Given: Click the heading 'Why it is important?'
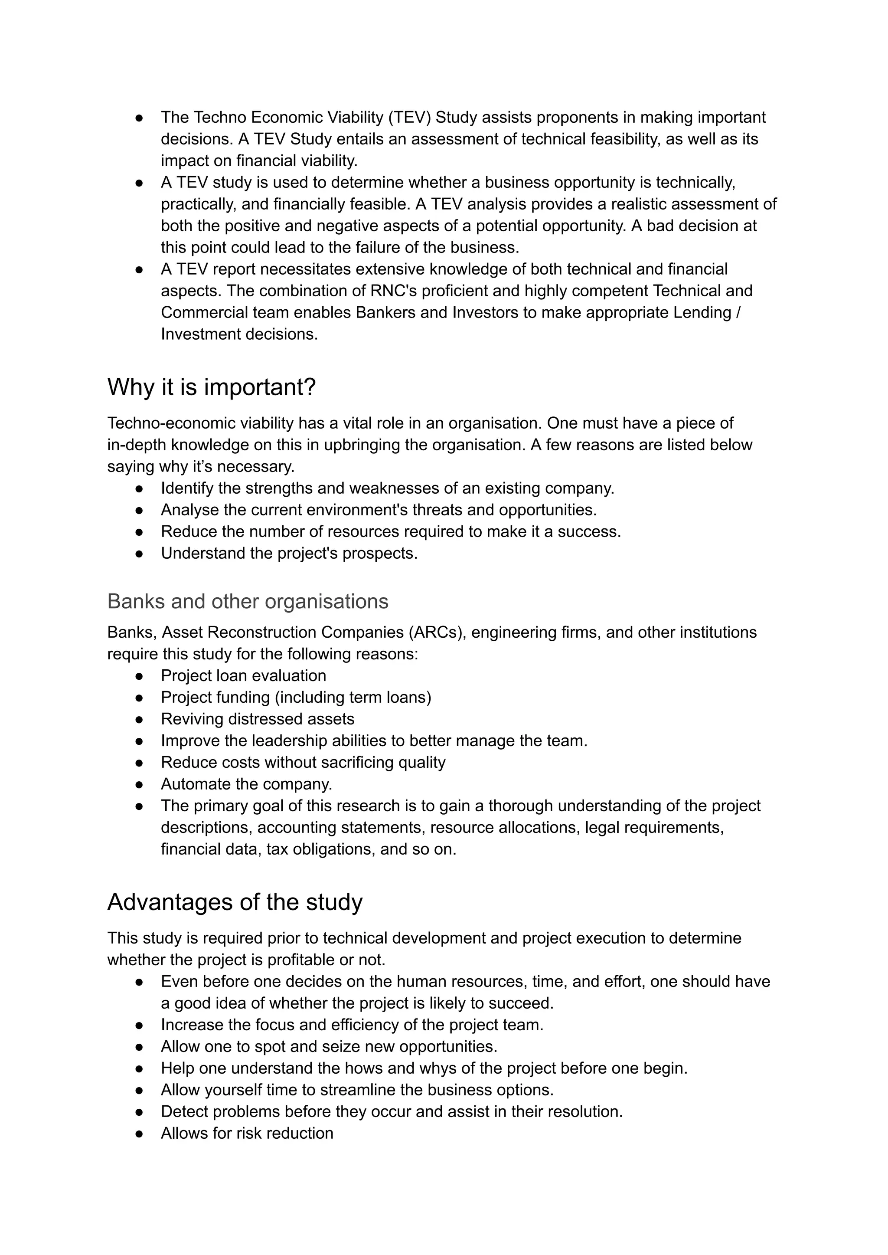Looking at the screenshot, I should (x=212, y=387).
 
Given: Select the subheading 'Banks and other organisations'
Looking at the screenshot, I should (x=248, y=601).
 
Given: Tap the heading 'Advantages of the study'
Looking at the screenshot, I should (x=235, y=902).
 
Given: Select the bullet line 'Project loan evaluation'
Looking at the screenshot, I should (x=243, y=675).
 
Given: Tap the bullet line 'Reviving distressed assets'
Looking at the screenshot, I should (x=258, y=719).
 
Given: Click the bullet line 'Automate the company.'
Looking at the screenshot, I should (x=247, y=784).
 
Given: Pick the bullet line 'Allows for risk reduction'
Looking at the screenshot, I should (x=247, y=1133).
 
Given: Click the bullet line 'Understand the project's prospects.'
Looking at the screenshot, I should (x=289, y=553).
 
